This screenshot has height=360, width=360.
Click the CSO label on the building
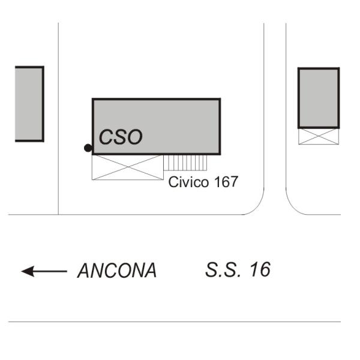(x=121, y=137)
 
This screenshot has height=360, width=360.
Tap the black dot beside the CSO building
(x=88, y=148)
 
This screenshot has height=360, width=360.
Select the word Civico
(x=188, y=182)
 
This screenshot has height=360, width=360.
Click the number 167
(x=226, y=182)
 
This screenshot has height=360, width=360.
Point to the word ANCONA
(x=117, y=271)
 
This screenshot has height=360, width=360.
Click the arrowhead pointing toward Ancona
(x=28, y=271)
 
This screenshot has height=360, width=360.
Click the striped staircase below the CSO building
(x=185, y=163)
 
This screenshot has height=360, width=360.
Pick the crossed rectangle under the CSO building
(x=128, y=167)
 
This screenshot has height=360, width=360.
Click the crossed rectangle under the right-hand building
(x=319, y=136)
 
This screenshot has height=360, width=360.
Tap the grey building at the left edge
(x=29, y=104)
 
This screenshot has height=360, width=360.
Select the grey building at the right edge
(x=319, y=98)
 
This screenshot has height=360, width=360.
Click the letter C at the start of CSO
(x=106, y=137)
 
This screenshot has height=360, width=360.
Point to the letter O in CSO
(x=134, y=137)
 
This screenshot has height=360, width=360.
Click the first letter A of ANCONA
(x=85, y=271)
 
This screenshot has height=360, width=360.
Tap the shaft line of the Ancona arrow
(x=50, y=271)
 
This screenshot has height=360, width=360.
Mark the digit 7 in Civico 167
(x=233, y=182)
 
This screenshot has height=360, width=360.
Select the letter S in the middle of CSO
(x=120, y=137)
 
